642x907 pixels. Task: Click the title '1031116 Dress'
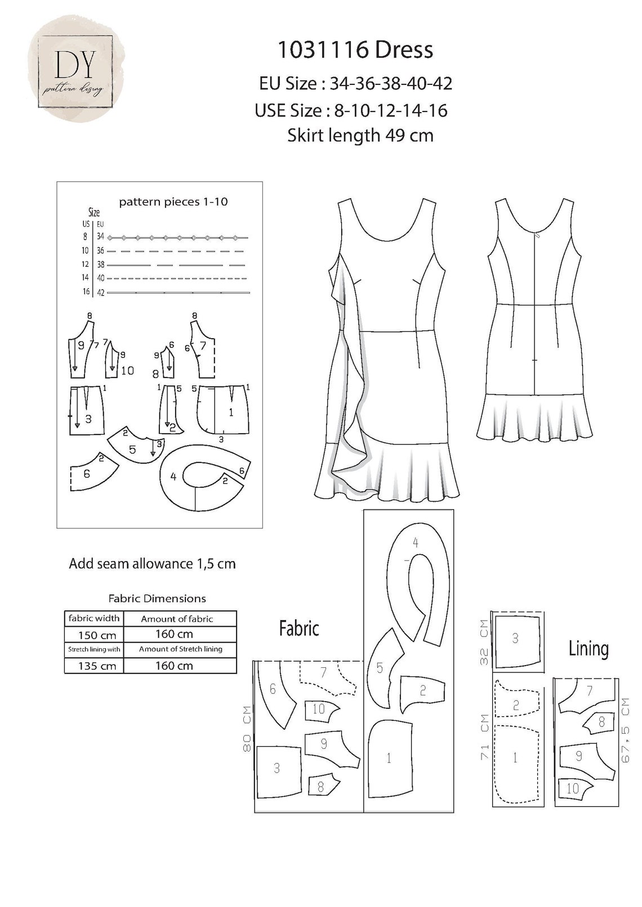click(x=355, y=50)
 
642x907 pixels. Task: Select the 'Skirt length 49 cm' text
click(x=360, y=136)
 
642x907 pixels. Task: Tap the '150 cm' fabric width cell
click(x=94, y=635)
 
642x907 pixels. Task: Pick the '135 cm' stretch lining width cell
click(x=94, y=666)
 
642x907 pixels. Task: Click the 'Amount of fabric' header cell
click(x=177, y=619)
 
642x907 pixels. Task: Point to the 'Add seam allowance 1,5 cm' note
click(x=152, y=563)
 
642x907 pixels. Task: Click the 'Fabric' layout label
click(x=299, y=628)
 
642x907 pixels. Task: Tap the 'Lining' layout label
click(x=588, y=649)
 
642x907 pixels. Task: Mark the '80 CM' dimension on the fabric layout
click(x=247, y=730)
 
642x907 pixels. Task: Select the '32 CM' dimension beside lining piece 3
click(x=484, y=641)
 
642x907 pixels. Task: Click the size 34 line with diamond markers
click(x=177, y=237)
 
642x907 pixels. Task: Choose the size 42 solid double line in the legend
click(x=178, y=293)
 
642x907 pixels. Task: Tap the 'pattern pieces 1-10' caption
click(x=173, y=202)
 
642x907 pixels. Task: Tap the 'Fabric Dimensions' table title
click(x=157, y=599)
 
